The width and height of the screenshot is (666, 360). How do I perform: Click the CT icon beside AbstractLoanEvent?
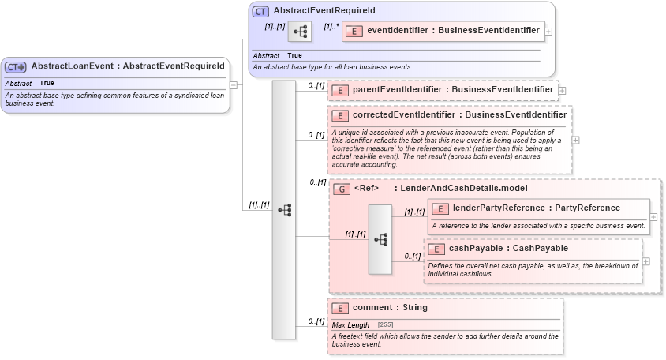click(16, 67)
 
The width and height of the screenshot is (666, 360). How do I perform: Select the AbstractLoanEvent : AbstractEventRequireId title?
click(128, 66)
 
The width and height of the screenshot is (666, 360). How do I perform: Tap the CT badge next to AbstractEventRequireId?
click(260, 11)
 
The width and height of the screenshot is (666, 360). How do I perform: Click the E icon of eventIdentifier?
click(355, 31)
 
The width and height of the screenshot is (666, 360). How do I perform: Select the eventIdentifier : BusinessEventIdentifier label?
click(453, 31)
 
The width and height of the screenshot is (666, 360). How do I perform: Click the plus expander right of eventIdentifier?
click(548, 32)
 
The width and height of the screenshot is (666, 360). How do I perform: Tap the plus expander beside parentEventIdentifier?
click(563, 91)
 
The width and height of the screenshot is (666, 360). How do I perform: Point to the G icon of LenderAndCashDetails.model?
click(342, 189)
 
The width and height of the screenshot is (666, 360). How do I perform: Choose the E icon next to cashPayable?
click(436, 249)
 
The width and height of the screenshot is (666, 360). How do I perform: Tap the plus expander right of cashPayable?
click(646, 261)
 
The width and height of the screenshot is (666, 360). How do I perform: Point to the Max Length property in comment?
click(350, 325)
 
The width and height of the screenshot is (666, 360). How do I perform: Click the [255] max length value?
click(386, 325)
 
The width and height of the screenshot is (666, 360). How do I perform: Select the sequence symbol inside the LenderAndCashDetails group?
click(380, 239)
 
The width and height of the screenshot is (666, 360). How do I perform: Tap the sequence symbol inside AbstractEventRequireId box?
click(301, 32)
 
